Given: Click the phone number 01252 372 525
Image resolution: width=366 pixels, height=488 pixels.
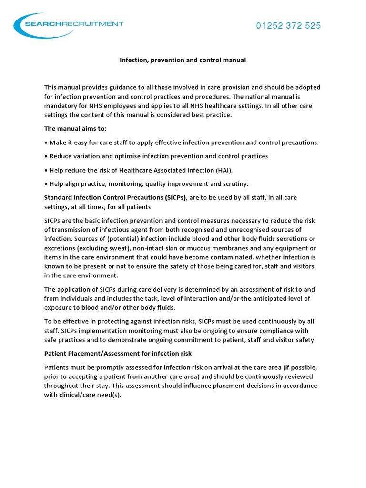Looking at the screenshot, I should tap(289, 26).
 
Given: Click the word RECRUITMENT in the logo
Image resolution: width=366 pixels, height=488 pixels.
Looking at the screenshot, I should tap(98, 24).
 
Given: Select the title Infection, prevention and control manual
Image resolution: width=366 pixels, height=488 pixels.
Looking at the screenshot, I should tap(183, 60).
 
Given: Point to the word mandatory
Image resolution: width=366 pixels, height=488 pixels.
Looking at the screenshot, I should tap(61, 105).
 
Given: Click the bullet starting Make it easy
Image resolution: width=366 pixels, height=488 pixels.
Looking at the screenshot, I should tap(182, 142).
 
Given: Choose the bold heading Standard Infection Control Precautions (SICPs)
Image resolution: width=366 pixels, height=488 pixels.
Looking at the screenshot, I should tap(116, 197).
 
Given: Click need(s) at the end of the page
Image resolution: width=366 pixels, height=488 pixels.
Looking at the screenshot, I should tap(110, 395).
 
